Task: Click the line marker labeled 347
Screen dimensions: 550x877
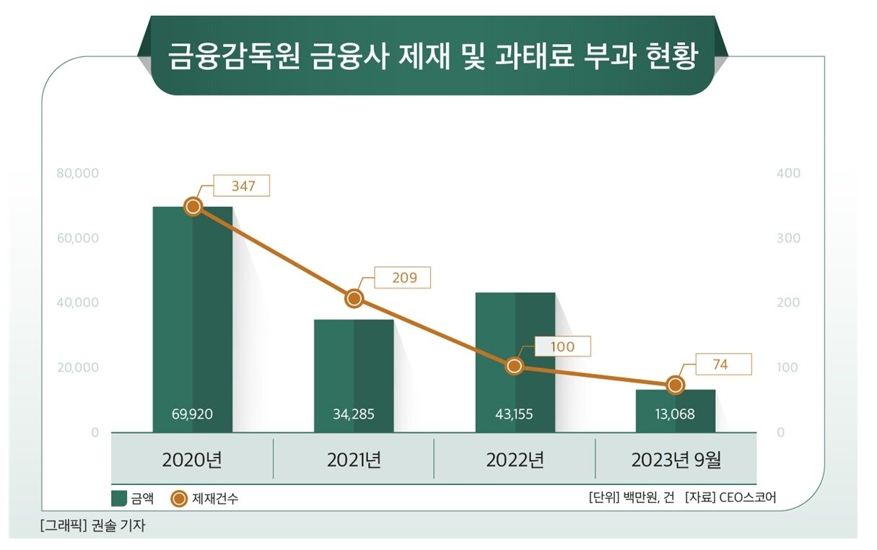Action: [x=193, y=206]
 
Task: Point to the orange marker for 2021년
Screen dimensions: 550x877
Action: [x=354, y=299]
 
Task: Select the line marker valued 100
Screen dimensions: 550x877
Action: [x=514, y=366]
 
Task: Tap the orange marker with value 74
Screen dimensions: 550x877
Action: [x=675, y=385]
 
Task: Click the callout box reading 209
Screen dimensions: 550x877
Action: [x=404, y=278]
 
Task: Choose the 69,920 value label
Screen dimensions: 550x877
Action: [x=192, y=415]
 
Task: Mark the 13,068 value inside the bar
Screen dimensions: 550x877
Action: [x=675, y=415]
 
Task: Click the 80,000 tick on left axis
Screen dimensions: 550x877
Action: [x=77, y=174]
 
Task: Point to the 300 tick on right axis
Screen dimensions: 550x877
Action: [x=788, y=238]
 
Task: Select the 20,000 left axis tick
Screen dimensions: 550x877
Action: [x=77, y=367]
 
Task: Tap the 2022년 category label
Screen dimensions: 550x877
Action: [x=515, y=460]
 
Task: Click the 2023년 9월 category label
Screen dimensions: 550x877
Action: [x=676, y=460]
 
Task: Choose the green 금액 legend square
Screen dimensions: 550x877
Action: [x=119, y=499]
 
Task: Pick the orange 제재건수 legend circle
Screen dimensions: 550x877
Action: [x=180, y=499]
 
